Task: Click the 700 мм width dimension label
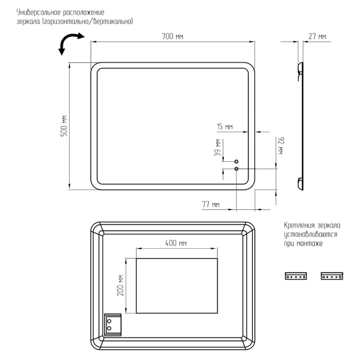tap(172, 36)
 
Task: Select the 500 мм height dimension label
tap(64, 126)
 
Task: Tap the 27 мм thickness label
tap(317, 36)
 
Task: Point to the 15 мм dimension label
tap(225, 126)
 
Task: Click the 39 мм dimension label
tap(218, 148)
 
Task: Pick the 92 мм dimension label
tap(282, 146)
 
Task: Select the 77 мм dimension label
tap(211, 204)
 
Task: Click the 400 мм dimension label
tap(176, 243)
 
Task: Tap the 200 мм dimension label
tap(120, 285)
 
